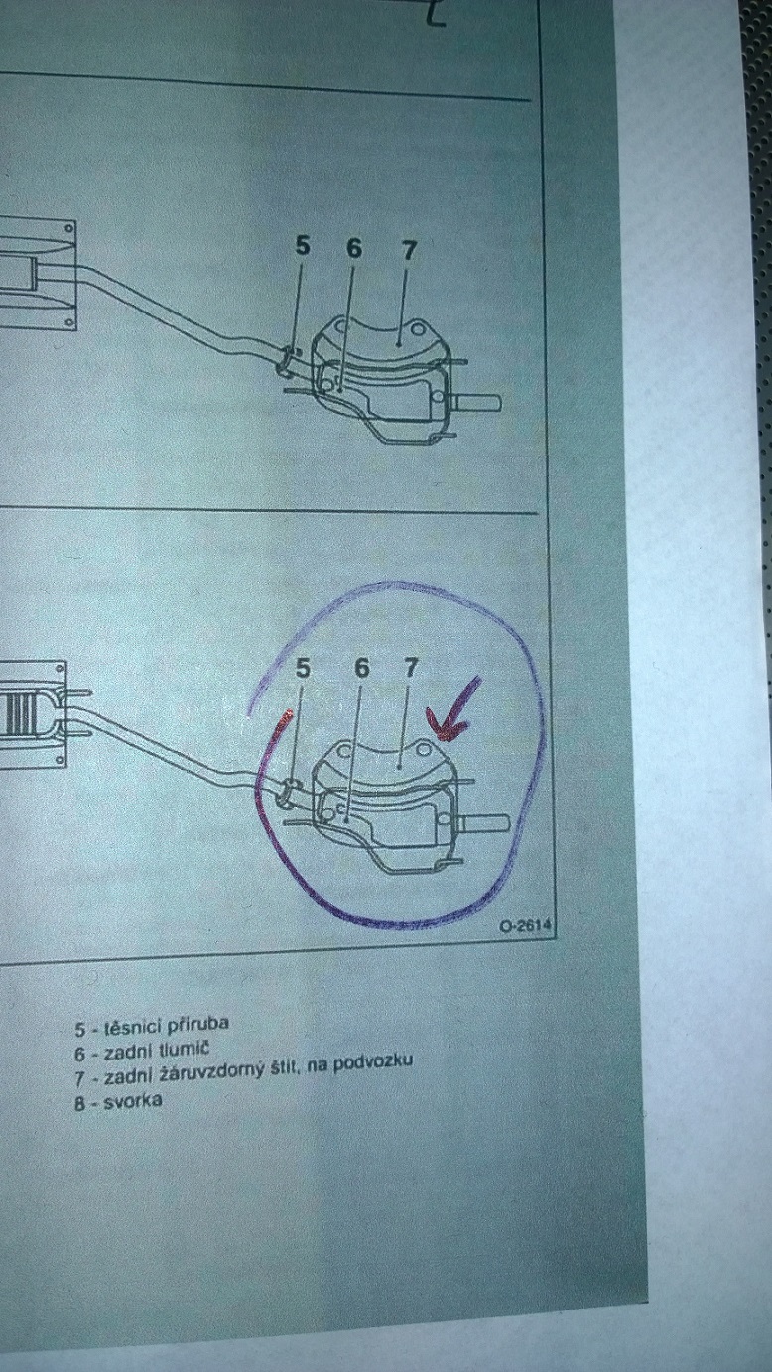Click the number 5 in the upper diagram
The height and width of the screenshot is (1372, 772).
tap(303, 246)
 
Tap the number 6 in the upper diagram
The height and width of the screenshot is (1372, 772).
tap(353, 249)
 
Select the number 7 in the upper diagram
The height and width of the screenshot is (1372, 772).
tap(408, 251)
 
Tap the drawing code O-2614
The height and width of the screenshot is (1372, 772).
tap(526, 926)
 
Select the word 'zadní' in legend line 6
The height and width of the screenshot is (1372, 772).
tap(127, 1052)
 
